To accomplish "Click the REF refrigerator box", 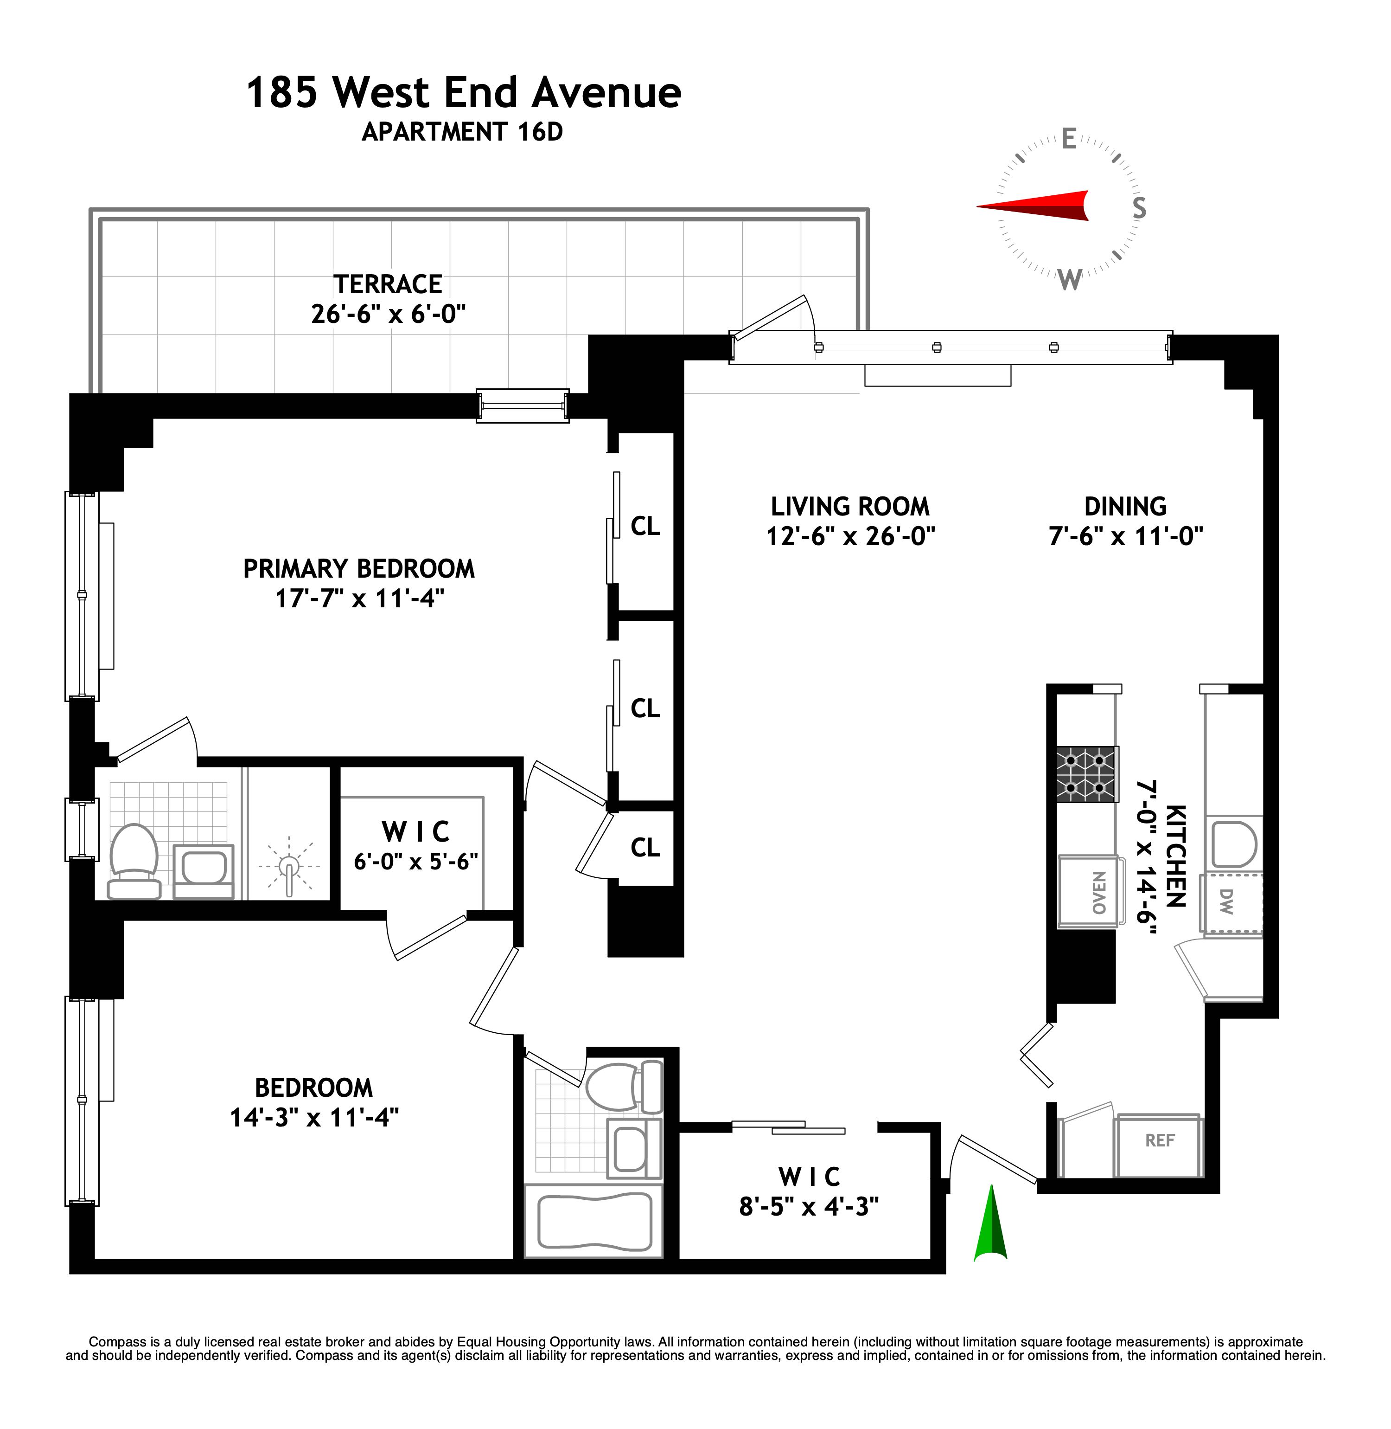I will [1160, 1140].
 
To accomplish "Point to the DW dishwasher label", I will [1226, 901].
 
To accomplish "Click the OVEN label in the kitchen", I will [1099, 893].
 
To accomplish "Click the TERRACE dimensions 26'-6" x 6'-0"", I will [388, 314].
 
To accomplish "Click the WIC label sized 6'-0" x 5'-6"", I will [416, 832].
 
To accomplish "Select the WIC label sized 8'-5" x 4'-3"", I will [809, 1177].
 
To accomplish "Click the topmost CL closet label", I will [645, 526].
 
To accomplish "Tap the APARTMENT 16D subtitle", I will [462, 132].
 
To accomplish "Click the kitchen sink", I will [1234, 844].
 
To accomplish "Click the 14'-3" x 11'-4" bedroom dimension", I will [314, 1118].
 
